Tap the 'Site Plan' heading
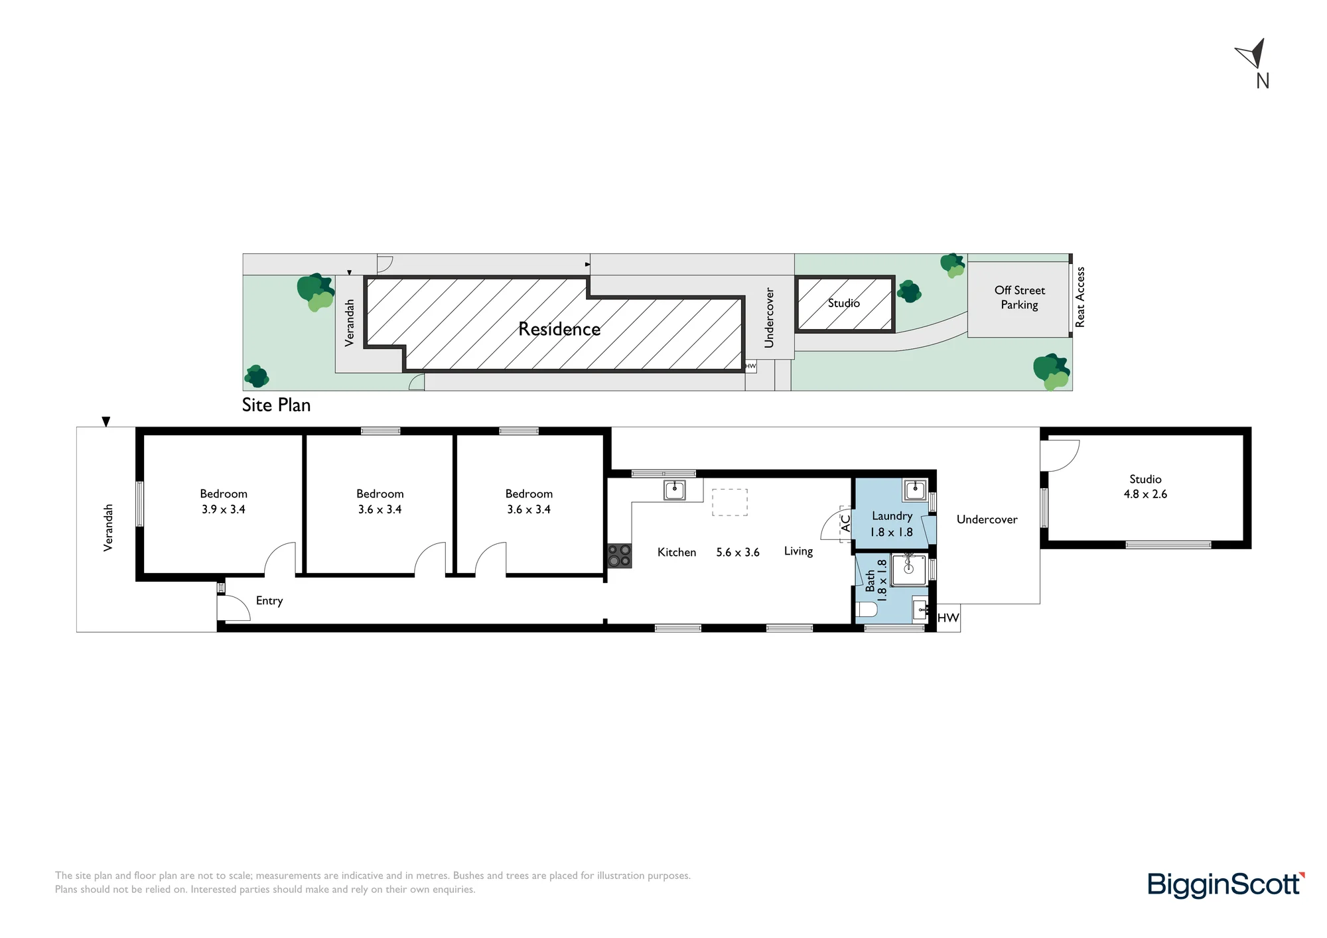tap(276, 405)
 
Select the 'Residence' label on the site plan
tap(559, 329)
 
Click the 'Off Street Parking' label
tap(1020, 297)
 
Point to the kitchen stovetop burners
tap(619, 556)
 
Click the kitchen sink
tap(674, 491)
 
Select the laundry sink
tap(914, 490)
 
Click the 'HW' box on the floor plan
tap(948, 618)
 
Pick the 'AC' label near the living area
tap(846, 523)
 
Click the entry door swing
tap(234, 608)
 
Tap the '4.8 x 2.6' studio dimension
tap(1145, 494)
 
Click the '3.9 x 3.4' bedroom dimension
tap(224, 509)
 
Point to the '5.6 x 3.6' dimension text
tap(738, 552)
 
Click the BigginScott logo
tap(1226, 885)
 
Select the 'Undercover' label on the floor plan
tap(987, 519)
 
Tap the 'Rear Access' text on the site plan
tap(1080, 297)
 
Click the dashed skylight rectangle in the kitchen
tap(730, 502)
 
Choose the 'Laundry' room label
tap(892, 516)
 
